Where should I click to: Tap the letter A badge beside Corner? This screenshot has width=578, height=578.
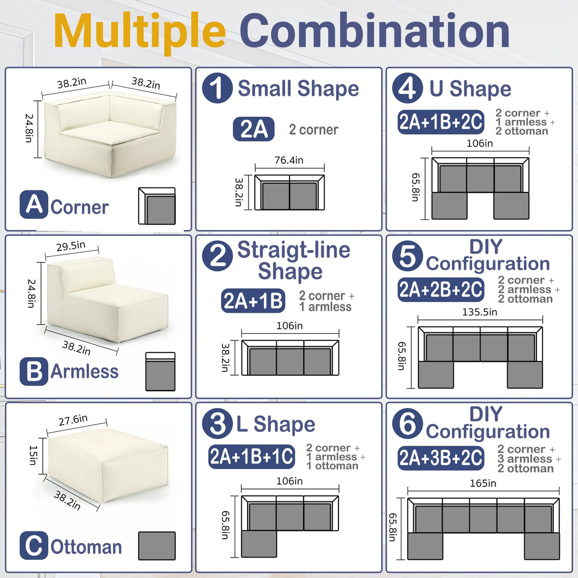click(34, 205)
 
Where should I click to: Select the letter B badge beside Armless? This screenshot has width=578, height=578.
click(34, 371)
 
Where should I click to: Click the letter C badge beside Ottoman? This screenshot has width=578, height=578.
click(34, 546)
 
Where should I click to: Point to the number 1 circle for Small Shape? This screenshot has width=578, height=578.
click(217, 88)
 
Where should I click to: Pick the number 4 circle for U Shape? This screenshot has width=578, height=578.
click(408, 88)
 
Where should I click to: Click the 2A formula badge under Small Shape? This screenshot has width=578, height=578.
click(254, 129)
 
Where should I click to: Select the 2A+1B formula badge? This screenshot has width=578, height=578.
click(253, 301)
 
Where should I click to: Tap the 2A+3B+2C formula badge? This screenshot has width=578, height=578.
click(441, 458)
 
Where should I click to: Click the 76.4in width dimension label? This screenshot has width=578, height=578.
click(289, 160)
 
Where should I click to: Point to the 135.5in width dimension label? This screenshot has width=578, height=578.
click(479, 312)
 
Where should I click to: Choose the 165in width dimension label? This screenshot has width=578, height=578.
click(483, 484)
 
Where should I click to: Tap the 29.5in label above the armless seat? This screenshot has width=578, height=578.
click(71, 246)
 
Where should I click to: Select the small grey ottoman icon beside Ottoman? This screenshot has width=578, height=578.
click(157, 546)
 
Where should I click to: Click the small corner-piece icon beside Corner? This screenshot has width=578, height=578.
click(157, 206)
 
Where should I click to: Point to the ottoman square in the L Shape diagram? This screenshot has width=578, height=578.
click(259, 544)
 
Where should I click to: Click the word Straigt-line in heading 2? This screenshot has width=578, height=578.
click(294, 250)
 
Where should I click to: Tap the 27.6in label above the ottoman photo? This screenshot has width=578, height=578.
click(73, 420)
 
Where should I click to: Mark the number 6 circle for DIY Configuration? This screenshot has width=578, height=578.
click(408, 424)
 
